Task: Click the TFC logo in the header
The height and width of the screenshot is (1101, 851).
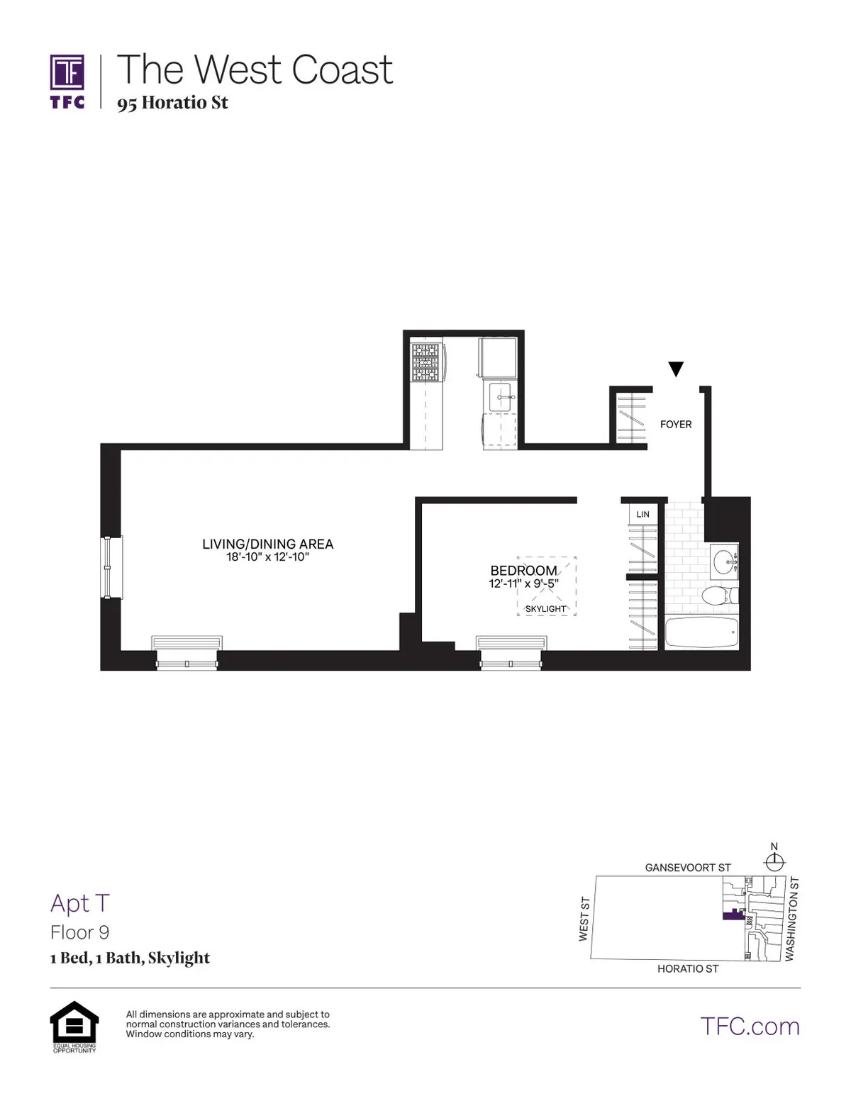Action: (x=67, y=81)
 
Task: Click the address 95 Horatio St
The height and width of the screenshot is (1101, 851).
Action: (x=172, y=103)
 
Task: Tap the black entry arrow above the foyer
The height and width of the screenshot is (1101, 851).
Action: (x=676, y=369)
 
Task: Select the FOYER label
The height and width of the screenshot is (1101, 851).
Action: (x=675, y=425)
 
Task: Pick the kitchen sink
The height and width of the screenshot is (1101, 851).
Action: (x=504, y=398)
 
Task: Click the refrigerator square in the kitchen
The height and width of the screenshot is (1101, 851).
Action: (x=499, y=359)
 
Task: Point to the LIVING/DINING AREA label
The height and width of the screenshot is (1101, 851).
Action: (x=267, y=544)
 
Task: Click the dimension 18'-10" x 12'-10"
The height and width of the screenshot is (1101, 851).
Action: (x=267, y=557)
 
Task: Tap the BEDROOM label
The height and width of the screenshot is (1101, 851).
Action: (x=523, y=571)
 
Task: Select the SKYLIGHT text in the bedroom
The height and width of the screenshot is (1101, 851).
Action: (x=545, y=609)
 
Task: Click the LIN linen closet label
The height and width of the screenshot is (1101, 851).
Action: (x=643, y=514)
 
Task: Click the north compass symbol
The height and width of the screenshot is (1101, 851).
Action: (x=774, y=860)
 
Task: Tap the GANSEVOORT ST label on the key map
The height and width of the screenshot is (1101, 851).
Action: (x=687, y=868)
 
